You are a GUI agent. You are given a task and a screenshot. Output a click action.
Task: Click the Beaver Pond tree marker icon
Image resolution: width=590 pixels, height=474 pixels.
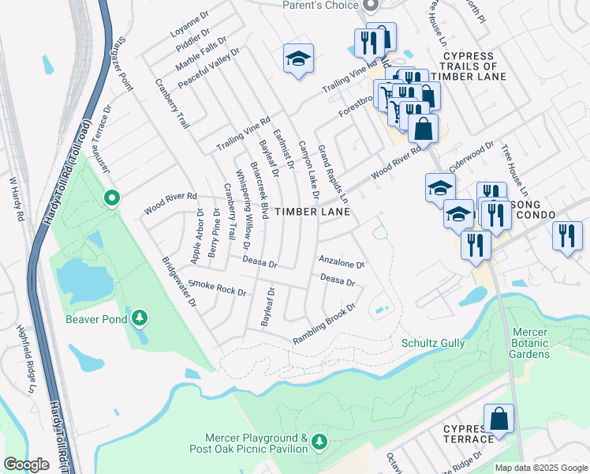(x=140, y=318)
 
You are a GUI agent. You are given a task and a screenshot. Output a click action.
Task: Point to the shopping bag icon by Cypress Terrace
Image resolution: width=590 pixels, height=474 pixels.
(x=499, y=419)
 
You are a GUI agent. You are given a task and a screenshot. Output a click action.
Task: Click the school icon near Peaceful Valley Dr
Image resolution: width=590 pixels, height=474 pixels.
(x=297, y=58)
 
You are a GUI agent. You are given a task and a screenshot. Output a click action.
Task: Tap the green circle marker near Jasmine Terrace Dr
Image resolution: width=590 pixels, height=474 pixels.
(x=112, y=197)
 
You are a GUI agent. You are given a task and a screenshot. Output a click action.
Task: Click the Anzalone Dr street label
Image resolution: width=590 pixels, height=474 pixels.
(x=341, y=260)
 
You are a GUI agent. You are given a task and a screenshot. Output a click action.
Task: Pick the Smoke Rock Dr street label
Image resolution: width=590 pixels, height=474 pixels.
(x=218, y=288)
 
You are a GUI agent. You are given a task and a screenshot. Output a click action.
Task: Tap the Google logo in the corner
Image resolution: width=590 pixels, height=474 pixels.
(x=26, y=465)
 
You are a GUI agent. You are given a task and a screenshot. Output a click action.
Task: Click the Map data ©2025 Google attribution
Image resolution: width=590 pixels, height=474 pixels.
(x=540, y=468)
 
